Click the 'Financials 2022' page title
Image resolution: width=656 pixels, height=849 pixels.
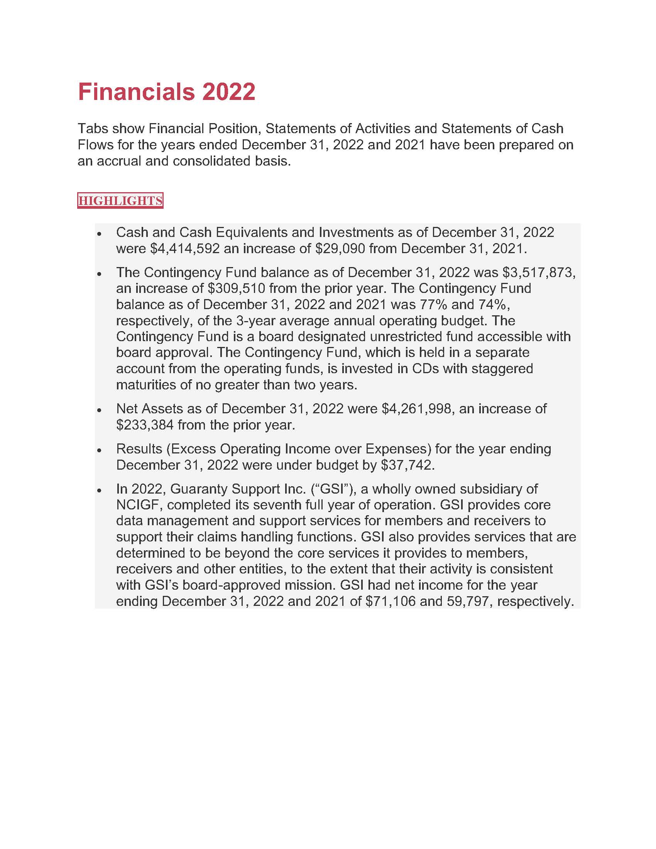pos(166,92)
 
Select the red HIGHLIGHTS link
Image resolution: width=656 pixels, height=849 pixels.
pos(120,201)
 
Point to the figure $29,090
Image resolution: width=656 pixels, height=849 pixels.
pos(340,249)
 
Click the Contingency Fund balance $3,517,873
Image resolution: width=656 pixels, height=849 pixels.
pos(538,272)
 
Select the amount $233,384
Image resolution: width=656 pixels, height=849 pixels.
pos(145,425)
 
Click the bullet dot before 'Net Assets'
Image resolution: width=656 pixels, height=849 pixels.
pos(100,410)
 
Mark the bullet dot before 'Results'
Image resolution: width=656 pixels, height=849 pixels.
pos(100,450)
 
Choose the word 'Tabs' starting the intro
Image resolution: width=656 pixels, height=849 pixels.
pos(92,129)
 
